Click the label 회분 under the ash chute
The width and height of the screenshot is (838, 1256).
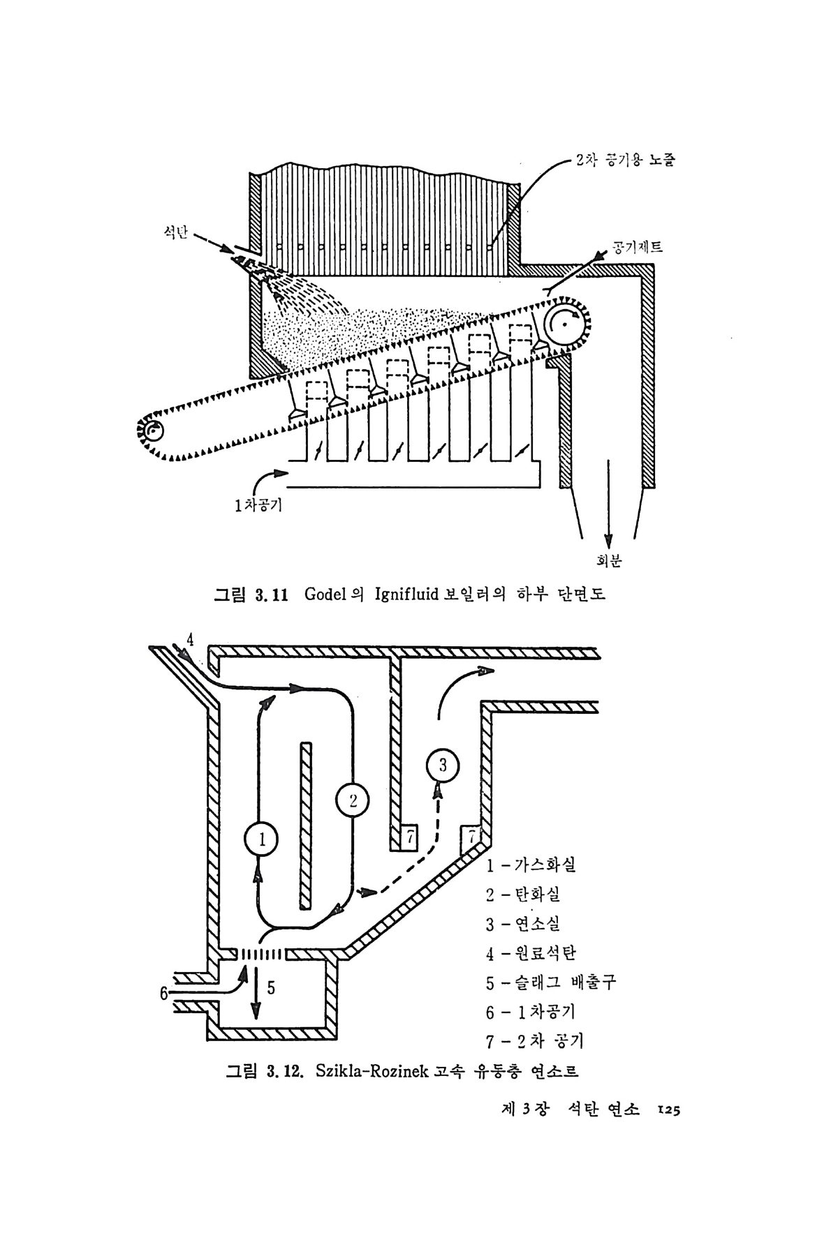click(x=609, y=560)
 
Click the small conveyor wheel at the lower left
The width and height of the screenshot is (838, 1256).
click(x=152, y=431)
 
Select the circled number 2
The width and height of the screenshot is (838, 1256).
click(x=353, y=801)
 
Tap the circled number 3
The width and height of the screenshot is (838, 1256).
click(x=443, y=765)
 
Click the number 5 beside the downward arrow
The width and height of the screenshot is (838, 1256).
click(x=271, y=988)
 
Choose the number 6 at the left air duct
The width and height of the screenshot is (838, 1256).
click(x=164, y=993)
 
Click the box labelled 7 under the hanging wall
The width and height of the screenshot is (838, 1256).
click(x=409, y=836)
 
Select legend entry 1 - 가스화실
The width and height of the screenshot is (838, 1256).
click(x=531, y=865)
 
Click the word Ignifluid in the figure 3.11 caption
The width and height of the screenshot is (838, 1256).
click(x=406, y=595)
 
